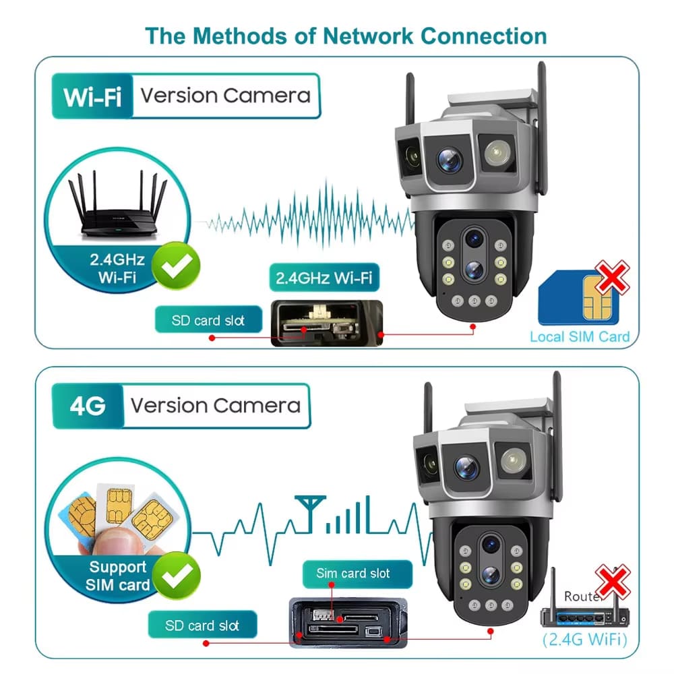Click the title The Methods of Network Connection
point(346,35)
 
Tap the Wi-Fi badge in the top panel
point(92,96)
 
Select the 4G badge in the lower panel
point(88,406)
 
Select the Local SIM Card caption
point(580,336)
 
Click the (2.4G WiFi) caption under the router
point(584,638)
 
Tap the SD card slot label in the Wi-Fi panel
point(208,319)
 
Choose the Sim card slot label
point(353,574)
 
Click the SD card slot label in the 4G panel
point(202,625)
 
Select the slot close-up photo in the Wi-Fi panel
point(326,324)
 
